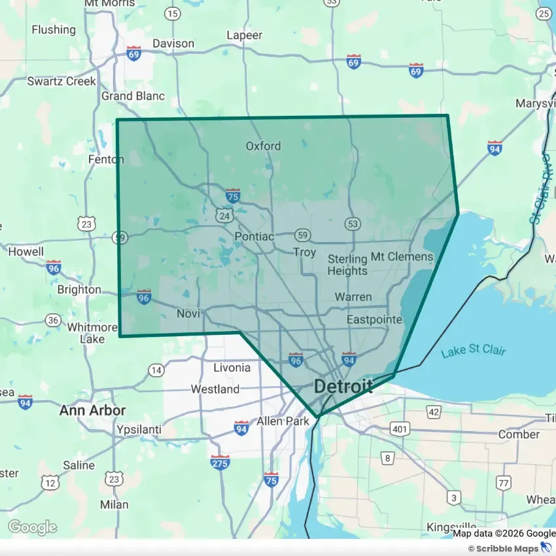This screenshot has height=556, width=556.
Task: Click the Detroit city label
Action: [x=343, y=386]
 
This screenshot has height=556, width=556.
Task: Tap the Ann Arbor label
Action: [x=92, y=411]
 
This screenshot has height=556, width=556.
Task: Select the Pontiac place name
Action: [x=254, y=236]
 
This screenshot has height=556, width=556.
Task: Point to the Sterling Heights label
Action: [x=347, y=264]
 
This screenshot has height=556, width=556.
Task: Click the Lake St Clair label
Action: [x=473, y=351]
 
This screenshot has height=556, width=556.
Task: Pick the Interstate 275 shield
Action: [x=220, y=462]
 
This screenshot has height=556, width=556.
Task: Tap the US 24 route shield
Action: [x=225, y=215]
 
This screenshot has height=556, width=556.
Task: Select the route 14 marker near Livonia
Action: [x=156, y=370]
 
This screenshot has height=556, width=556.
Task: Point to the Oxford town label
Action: [x=263, y=146]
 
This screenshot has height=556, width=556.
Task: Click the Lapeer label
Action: [x=244, y=35]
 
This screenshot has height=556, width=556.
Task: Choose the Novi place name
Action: [x=188, y=314]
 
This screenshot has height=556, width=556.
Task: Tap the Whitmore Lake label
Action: [x=92, y=333]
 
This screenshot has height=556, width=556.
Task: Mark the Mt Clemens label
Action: [x=402, y=256]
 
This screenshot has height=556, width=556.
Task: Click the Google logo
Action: [x=32, y=527]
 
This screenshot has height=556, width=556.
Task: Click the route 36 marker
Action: [x=54, y=320]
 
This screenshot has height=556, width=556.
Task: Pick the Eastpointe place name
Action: [x=374, y=319]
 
